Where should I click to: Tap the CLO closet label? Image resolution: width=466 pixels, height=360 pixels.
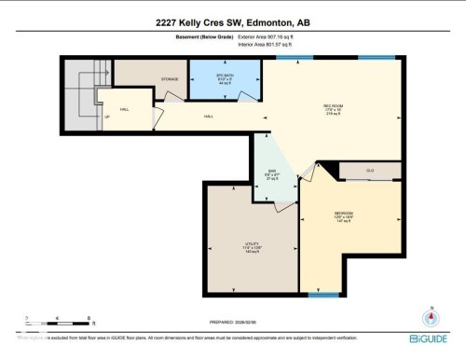coord(370,171)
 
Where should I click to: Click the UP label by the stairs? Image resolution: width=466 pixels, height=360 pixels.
coord(107,117)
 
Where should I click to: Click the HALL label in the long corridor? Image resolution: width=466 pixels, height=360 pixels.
coord(209,117)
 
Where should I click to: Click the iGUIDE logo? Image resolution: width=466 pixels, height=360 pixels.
coord(428,338)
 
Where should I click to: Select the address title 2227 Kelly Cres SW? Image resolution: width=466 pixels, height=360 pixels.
coord(232,22)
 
